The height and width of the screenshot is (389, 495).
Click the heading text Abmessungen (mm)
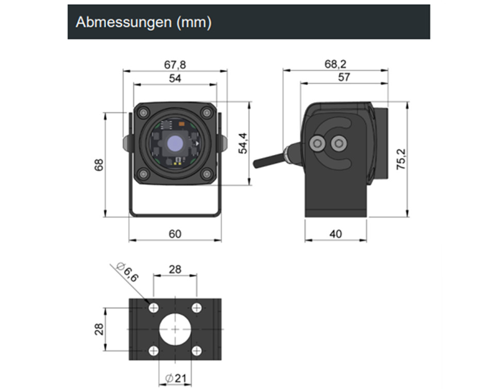tap(143, 23)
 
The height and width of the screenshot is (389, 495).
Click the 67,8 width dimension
tap(175, 65)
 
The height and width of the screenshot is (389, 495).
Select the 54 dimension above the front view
tap(175, 78)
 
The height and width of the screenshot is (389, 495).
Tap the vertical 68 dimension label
tap(100, 165)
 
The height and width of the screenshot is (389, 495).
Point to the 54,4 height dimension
tap(242, 143)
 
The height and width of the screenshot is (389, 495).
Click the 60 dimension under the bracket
tap(175, 234)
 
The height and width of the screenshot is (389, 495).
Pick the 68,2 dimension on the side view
tap(335, 64)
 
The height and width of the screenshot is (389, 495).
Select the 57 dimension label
tap(344, 77)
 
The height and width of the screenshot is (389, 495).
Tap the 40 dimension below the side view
tap(335, 234)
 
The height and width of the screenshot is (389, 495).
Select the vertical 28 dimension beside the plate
tap(100, 329)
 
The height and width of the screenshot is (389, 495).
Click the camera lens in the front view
tap(175, 142)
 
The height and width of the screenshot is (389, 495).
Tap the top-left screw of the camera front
tap(143, 112)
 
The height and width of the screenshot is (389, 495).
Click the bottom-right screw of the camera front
tap(207, 174)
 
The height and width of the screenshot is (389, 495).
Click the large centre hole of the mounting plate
tap(175, 329)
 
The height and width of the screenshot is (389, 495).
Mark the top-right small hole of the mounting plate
tap(196, 308)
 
